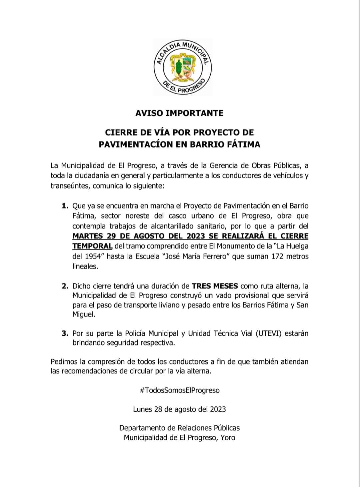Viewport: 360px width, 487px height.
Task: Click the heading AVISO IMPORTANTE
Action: click(179, 113)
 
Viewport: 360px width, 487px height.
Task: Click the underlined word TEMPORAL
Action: click(92, 246)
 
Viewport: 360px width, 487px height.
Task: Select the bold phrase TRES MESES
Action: click(215, 286)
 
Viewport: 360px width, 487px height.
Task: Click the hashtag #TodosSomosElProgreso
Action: click(180, 390)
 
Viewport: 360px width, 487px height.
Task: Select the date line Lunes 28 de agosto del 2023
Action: click(179, 409)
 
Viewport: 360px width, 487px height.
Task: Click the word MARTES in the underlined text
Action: click(88, 236)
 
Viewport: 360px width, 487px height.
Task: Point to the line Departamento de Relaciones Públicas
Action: click(179, 428)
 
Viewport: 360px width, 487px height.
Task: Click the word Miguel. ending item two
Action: click(84, 314)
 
